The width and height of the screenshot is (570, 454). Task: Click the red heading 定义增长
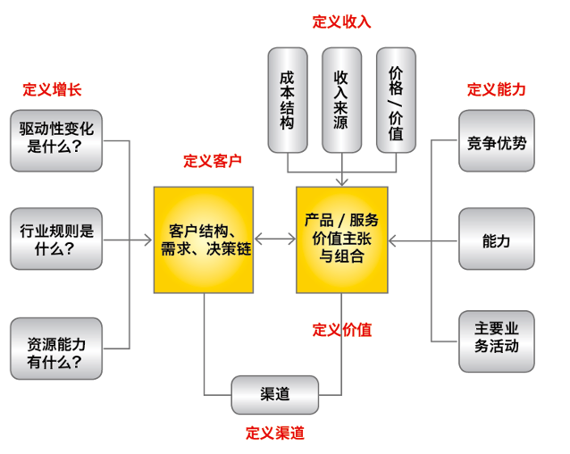point(52,89)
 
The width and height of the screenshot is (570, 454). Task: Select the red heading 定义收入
point(341,21)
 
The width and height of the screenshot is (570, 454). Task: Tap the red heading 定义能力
point(496,89)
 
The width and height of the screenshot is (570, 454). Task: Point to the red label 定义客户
point(213,161)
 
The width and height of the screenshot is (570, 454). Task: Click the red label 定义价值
point(341,329)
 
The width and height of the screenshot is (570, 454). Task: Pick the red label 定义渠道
point(275,433)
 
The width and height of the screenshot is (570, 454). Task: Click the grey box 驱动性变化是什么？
point(56,140)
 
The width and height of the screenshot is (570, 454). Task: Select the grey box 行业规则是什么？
point(56,240)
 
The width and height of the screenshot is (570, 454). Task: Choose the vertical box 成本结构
point(287,100)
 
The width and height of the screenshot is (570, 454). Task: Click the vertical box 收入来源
point(340,100)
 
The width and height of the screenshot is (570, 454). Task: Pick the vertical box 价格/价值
point(396,100)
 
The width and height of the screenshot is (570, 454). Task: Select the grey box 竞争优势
point(497,140)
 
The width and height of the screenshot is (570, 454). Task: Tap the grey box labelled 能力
point(497,240)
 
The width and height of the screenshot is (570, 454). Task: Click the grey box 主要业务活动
point(497,337)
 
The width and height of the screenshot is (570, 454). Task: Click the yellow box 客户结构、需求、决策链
point(203,240)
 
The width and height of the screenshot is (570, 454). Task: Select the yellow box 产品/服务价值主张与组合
point(342,240)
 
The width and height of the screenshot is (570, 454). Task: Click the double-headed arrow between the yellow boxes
point(274,240)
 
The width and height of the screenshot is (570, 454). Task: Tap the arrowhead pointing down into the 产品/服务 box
point(342,181)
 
